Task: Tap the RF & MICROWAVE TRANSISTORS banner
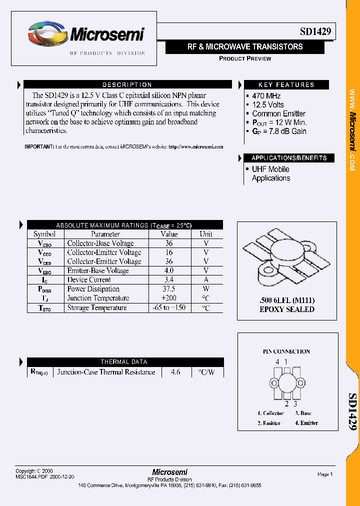click(x=245, y=47)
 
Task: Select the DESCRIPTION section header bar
click(x=127, y=85)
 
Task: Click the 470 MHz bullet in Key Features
click(x=266, y=96)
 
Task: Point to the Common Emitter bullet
click(x=278, y=113)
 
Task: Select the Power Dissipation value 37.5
click(x=169, y=289)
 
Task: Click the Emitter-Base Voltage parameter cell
click(x=97, y=270)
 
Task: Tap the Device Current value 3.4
click(x=169, y=279)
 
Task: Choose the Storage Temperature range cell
click(x=169, y=307)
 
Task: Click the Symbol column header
click(x=44, y=234)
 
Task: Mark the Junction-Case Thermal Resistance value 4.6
click(x=175, y=372)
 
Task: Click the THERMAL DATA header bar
click(x=124, y=362)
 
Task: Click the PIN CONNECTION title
click(x=286, y=351)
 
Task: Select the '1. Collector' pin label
click(x=270, y=413)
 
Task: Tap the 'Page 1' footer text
click(x=325, y=474)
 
